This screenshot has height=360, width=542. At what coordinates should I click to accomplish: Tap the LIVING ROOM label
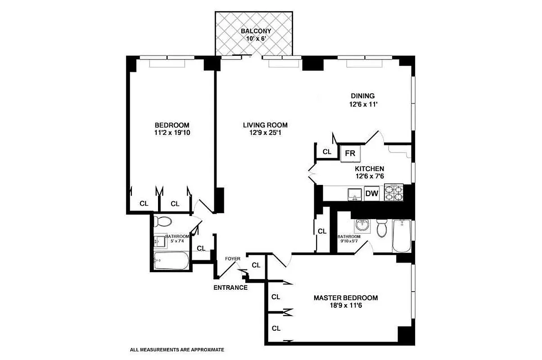(265, 125)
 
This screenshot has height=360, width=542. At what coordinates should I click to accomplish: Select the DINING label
(362, 95)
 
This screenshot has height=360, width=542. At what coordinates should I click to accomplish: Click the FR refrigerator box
(350, 153)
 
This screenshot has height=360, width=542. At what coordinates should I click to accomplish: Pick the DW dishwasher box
(371, 194)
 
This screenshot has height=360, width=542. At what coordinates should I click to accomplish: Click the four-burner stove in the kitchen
(395, 193)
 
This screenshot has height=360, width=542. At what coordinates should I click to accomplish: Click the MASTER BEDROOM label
(346, 298)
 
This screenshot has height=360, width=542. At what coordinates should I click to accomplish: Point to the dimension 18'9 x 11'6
(346, 306)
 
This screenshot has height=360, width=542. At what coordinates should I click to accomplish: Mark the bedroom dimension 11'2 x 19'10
(172, 133)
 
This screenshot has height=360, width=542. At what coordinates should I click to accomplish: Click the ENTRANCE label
(230, 288)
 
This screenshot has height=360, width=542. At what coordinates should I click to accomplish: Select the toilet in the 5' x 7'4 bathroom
(162, 221)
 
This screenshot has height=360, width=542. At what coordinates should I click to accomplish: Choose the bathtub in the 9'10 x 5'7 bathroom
(401, 236)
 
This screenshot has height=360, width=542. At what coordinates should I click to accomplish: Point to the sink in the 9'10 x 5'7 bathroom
(361, 225)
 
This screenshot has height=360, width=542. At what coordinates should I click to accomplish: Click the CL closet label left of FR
(327, 152)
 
